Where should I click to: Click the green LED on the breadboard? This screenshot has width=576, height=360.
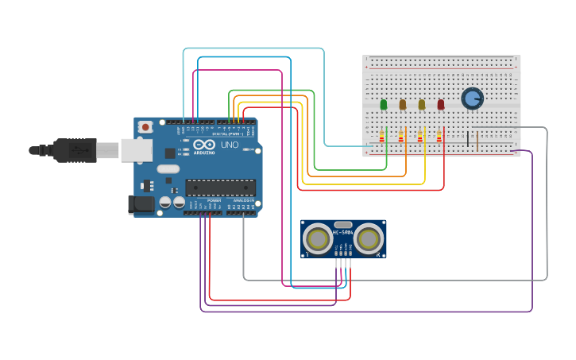click(x=384, y=104)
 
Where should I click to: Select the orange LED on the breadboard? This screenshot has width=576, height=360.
click(x=403, y=104)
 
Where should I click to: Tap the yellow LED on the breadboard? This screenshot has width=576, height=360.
click(x=422, y=104)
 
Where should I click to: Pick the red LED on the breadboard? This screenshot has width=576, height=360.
click(x=441, y=104)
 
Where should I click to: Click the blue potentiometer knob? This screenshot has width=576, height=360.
click(x=472, y=99)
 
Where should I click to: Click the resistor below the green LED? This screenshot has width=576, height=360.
click(x=381, y=137)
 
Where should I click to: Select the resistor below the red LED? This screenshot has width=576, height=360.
click(x=439, y=137)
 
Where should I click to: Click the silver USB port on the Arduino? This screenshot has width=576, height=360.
click(x=136, y=149)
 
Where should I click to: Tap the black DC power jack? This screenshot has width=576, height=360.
click(x=141, y=204)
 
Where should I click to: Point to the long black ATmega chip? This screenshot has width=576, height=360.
click(x=221, y=188)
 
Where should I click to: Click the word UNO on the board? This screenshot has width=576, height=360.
click(x=229, y=145)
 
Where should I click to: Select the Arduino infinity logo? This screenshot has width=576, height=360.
click(x=203, y=145)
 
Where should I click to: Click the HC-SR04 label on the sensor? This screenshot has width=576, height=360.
click(x=343, y=232)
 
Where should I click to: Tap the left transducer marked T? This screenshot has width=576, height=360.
click(x=318, y=239)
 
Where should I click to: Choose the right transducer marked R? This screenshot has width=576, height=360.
click(x=368, y=239)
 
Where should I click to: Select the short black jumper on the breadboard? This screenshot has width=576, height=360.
click(x=469, y=139)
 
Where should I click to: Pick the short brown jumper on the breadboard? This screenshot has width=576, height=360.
click(x=477, y=139)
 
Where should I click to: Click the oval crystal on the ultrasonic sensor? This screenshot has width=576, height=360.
click(x=343, y=225)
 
